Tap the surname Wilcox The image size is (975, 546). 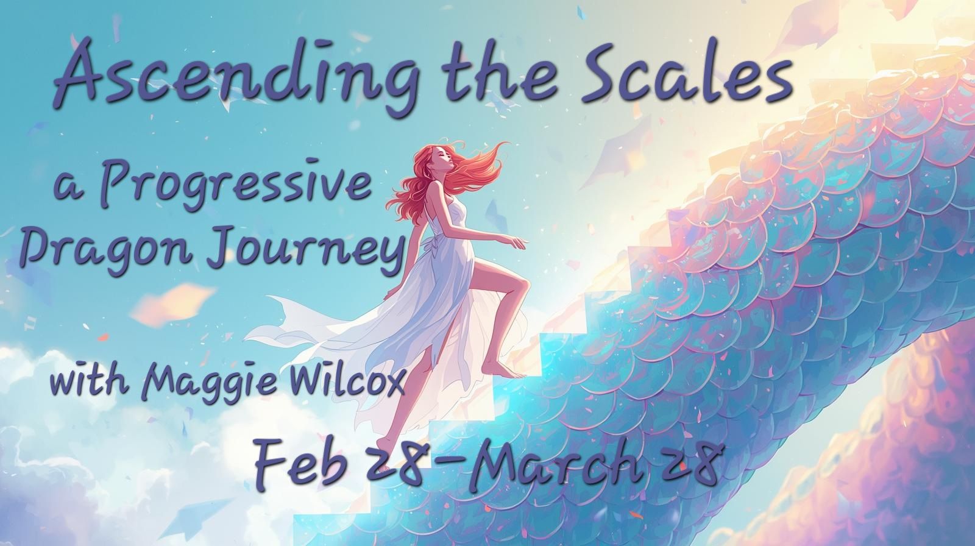pos(357,380)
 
